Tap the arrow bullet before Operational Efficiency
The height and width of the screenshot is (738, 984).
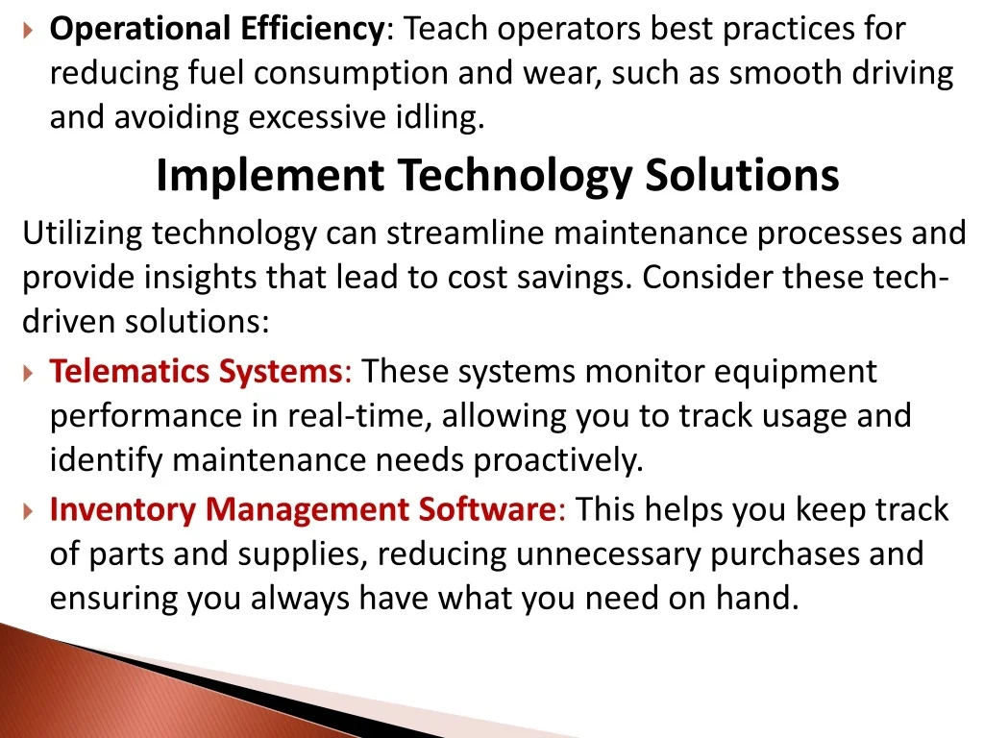27,30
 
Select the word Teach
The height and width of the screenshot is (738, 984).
446,29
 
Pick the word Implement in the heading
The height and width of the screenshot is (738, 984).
270,175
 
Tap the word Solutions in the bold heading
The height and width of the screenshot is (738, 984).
743,175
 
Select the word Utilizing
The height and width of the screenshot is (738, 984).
83,234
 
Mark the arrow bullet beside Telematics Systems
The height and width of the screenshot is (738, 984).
27,374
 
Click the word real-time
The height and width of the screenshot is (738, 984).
359,416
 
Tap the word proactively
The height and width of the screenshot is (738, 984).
558,460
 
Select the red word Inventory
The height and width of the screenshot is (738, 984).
123,509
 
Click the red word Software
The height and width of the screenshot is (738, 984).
491,509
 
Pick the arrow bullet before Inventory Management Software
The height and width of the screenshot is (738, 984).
27,512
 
